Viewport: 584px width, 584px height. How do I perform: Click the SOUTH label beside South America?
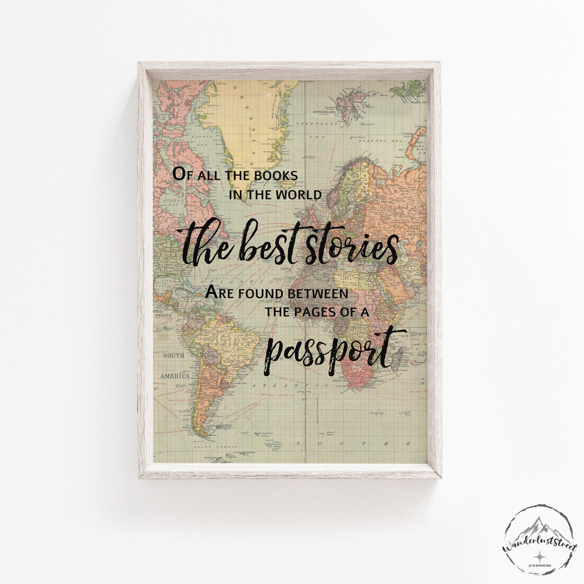(x=174, y=356)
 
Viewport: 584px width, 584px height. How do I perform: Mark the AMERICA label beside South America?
(x=175, y=375)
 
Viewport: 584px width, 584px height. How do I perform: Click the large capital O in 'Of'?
(x=180, y=174)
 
